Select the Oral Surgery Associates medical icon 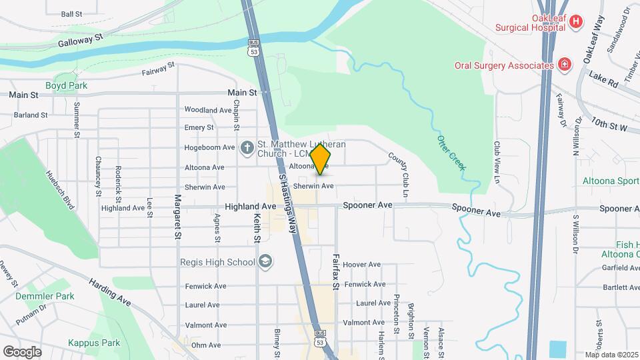pos(565,65)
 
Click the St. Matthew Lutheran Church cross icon pos(247,147)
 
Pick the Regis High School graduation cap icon pos(265,261)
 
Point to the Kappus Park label pos(94,343)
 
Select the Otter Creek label pos(451,153)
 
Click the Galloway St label pos(83,41)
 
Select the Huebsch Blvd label pos(59,189)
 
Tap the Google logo pos(22,351)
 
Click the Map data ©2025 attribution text pos(611,355)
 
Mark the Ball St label pos(71,13)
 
